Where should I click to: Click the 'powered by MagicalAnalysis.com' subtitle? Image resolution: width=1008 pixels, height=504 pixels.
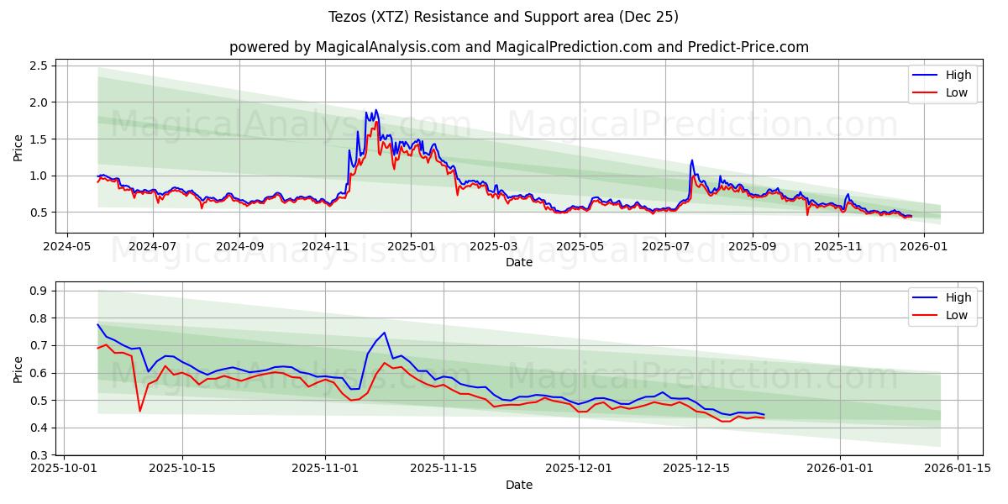518,47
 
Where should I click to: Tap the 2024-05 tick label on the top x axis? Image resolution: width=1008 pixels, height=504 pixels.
67,247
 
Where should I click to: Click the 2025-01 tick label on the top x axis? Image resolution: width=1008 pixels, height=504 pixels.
411,247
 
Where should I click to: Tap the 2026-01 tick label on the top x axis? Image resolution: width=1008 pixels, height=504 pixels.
923,247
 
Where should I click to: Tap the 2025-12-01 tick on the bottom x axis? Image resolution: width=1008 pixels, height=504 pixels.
578,469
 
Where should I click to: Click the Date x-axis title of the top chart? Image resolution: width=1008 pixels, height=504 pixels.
518,262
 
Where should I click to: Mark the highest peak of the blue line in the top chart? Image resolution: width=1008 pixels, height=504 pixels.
375,109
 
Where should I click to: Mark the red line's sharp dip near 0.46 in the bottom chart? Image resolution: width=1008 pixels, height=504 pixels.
139,411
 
